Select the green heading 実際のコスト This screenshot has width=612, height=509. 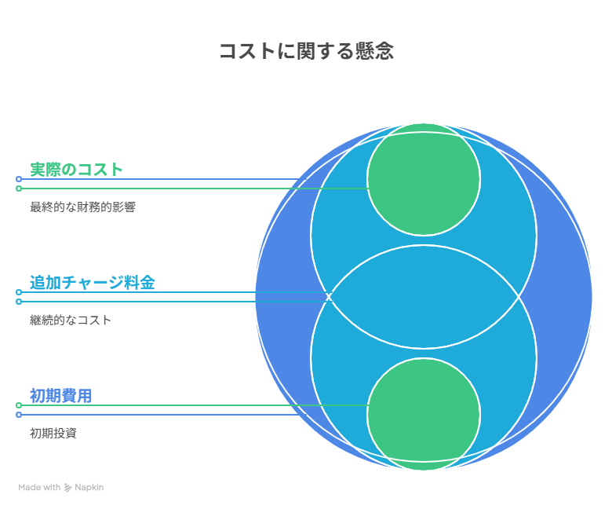[77, 169]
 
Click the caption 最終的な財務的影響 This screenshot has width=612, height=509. [82, 207]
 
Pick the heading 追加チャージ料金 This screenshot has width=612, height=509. [92, 282]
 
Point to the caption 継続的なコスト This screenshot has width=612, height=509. [71, 320]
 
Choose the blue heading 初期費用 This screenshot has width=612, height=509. [60, 395]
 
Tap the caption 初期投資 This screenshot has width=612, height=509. [53, 434]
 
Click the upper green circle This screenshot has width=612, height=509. [424, 179]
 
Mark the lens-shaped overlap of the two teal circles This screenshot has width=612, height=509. [424, 297]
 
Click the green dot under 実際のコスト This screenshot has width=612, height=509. [19, 189]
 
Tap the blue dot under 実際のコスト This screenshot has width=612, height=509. [19, 179]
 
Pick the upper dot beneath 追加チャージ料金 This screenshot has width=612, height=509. [19, 292]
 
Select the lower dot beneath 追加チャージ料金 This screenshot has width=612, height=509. [19, 302]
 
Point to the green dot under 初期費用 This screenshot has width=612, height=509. [19, 405]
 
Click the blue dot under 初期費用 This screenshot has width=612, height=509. [19, 415]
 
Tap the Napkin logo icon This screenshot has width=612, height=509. [68, 488]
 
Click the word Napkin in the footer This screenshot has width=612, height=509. [89, 488]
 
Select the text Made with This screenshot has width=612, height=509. [39, 488]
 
